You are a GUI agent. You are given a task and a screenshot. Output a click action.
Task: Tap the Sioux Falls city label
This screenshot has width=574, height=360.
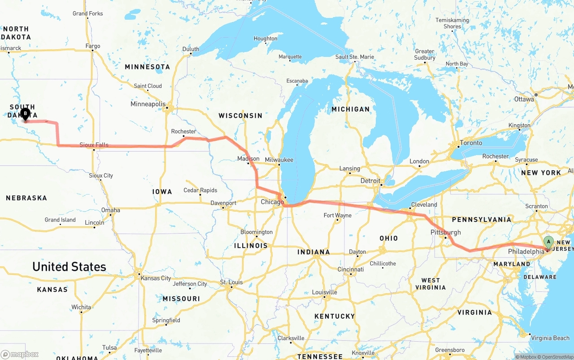pos(94,145)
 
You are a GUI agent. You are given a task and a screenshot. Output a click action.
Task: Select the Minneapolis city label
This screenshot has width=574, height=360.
pos(148,104)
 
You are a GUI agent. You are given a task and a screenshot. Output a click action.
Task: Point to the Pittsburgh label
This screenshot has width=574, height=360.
pos(445,232)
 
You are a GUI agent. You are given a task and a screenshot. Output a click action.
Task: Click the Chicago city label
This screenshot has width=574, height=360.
pos(272,202)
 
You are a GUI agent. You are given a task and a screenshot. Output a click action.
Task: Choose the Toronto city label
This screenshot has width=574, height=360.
pos(470,143)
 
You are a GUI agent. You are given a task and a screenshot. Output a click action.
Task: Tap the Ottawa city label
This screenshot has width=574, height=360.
pos(524,99)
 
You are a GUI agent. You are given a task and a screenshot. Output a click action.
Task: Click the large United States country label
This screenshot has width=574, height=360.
pos(69,267)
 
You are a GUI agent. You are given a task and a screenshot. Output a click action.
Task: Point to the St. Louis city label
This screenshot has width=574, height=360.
pos(231,282)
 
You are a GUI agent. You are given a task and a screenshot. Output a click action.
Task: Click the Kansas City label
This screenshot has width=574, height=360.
pos(156,278)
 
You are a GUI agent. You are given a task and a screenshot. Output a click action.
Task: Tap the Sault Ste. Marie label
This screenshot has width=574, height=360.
pos(354,57)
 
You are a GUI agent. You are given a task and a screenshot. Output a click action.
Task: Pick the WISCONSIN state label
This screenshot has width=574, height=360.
pos(240,116)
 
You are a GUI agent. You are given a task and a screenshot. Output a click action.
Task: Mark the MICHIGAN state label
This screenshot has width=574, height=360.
pos(350,109)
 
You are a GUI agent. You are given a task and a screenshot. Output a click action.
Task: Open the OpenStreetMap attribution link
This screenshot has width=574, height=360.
pos(556,357)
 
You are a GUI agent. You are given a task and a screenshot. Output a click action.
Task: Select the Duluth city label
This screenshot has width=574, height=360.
pos(191,49)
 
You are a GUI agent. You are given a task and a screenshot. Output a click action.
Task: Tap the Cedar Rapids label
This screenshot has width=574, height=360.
pos(200,190)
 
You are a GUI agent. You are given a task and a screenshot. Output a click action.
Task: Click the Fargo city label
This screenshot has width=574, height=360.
pos(93,46)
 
